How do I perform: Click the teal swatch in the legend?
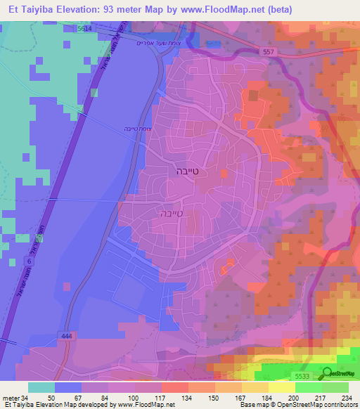[41, 387]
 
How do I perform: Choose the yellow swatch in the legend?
[281, 387]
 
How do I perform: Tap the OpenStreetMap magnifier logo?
[326, 374]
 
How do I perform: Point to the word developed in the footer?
[98, 405]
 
